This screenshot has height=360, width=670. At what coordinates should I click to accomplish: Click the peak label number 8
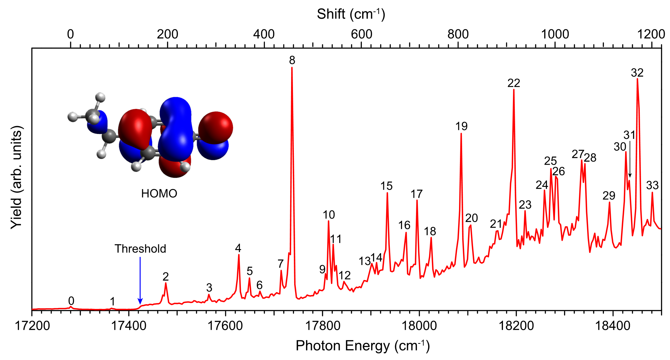click(x=292, y=60)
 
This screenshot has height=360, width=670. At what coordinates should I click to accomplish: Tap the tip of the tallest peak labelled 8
click(x=292, y=68)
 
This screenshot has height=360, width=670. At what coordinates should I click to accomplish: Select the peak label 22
click(x=514, y=83)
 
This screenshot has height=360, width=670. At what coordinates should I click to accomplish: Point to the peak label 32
click(x=637, y=73)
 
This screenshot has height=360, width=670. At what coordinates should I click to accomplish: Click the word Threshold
click(x=140, y=249)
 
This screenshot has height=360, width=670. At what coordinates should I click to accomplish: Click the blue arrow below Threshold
click(x=140, y=280)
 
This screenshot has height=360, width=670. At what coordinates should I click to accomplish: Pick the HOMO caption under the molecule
click(x=159, y=194)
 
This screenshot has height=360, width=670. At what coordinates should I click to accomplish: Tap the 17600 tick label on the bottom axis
click(x=225, y=326)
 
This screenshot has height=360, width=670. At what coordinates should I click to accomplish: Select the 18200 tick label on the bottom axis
click(x=516, y=326)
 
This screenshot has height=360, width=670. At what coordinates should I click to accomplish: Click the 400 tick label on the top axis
click(x=264, y=34)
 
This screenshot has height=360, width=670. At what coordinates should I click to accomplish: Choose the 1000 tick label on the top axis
click(x=555, y=34)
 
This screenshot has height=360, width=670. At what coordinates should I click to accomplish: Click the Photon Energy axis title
click(x=362, y=346)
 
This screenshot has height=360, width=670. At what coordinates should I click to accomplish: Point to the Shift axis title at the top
click(x=351, y=14)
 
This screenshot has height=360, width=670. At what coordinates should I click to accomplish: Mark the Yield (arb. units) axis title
click(x=17, y=178)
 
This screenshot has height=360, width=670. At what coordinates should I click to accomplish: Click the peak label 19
click(x=461, y=126)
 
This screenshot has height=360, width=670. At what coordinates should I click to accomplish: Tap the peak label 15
click(x=386, y=186)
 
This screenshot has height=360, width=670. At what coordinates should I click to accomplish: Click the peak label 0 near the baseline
click(x=71, y=301)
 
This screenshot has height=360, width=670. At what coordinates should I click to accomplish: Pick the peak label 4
click(x=238, y=248)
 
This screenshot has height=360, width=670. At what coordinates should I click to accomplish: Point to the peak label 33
click(x=652, y=186)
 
